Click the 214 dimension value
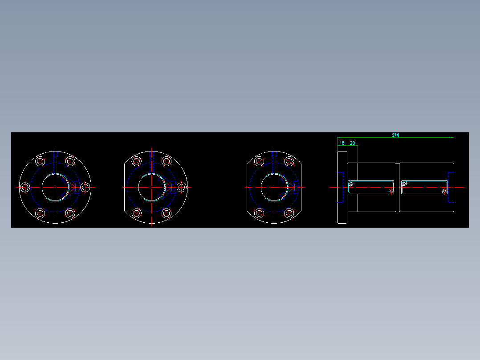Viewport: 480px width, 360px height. point(395,135)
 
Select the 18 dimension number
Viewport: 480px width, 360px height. point(342,143)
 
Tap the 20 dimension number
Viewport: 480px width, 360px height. point(352,143)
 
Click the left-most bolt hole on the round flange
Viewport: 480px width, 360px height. point(25,188)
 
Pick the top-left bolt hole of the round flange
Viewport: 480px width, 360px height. point(40,161)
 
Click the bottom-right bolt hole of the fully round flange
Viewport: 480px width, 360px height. point(70,213)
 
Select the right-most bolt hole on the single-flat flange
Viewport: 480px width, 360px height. point(181,188)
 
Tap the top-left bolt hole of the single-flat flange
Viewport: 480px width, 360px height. point(136,161)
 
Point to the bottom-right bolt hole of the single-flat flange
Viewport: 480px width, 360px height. point(167,213)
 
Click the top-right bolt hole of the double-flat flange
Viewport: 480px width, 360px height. point(289,161)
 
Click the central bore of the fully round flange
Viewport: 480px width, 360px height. point(55,188)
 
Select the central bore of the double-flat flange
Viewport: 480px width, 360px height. point(274,188)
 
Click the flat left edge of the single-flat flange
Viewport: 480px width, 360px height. point(124,188)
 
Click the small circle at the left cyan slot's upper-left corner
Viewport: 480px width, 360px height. point(351,183)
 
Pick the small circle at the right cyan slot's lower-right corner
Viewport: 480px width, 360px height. point(444,192)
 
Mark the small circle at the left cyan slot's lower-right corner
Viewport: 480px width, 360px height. point(391,192)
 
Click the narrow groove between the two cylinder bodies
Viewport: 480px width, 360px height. point(397,187)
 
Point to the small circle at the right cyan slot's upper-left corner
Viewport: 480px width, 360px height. point(404,183)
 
